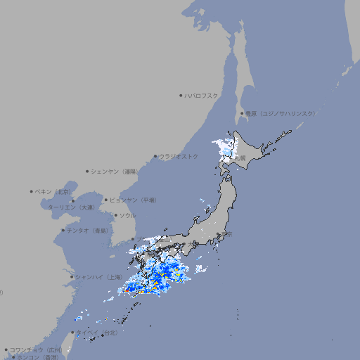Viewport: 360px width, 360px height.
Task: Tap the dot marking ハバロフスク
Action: [x=181, y=96]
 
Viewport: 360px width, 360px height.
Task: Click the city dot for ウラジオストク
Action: [x=155, y=157]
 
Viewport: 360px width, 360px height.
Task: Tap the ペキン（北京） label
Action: [x=54, y=191]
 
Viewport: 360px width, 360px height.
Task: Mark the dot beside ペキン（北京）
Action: [x=32, y=191]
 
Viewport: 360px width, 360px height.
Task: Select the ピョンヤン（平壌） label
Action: [x=134, y=200]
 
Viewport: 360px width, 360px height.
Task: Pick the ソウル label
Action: [x=127, y=215]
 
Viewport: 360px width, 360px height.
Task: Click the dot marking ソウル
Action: [x=115, y=215]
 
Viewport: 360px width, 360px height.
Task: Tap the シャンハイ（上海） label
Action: [x=98, y=277]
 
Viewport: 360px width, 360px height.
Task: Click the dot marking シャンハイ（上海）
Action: [x=72, y=277]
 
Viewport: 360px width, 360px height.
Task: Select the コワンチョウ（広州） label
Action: [x=37, y=349]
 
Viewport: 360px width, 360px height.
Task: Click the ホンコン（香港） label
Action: [x=39, y=357]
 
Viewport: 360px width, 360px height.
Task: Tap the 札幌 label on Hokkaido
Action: [x=240, y=158]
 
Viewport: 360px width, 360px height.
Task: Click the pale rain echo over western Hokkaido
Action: [x=226, y=148]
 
